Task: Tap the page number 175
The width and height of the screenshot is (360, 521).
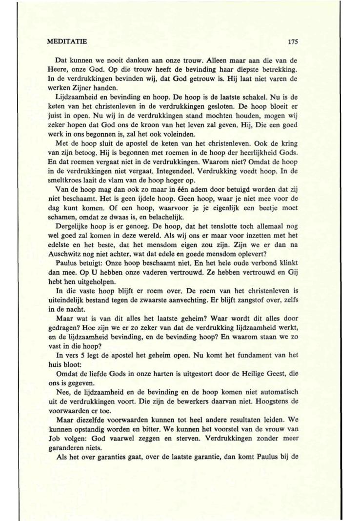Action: [x=293, y=42]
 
